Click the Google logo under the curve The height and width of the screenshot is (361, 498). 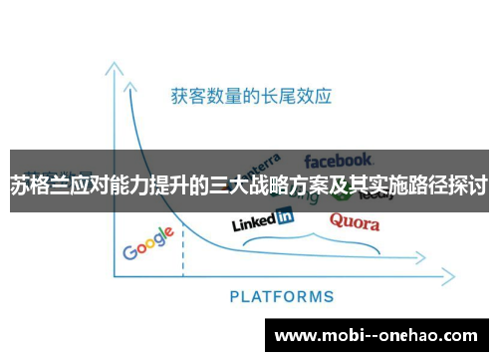click(x=148, y=243)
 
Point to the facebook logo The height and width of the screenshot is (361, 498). click(x=339, y=159)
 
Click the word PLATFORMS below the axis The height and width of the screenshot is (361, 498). click(x=282, y=296)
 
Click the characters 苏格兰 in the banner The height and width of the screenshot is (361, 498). click(x=38, y=185)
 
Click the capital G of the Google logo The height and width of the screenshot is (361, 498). click(x=130, y=251)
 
